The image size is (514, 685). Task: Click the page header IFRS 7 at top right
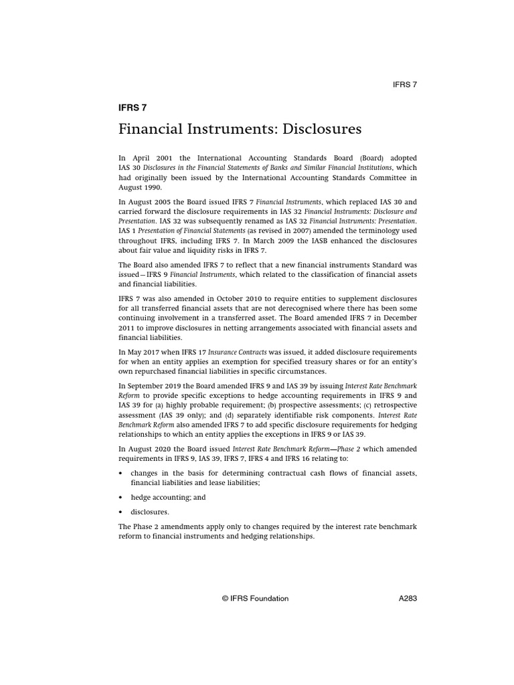404,84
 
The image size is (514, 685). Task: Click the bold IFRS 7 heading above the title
132,106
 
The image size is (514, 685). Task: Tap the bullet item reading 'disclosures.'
151,512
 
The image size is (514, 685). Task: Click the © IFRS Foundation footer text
255,599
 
